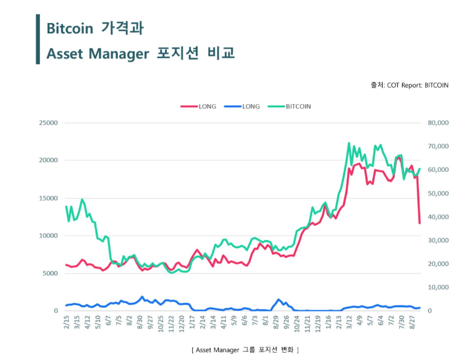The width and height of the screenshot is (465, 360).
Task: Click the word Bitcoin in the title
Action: click(69, 28)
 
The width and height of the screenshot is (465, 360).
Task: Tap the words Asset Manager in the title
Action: click(97, 53)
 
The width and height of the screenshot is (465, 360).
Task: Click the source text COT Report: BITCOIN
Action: click(417, 85)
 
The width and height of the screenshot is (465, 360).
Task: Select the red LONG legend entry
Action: click(200, 106)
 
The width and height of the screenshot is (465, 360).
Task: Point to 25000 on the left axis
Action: click(48, 123)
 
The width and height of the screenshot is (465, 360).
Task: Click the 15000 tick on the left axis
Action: click(48, 198)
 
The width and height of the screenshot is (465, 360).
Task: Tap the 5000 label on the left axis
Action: click(50, 273)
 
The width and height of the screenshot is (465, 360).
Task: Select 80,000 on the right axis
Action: click(439, 123)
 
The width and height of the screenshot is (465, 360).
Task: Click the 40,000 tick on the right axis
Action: click(439, 217)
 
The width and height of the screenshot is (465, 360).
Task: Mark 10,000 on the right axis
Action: click(439, 287)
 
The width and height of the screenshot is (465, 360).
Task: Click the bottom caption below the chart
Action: click(245, 350)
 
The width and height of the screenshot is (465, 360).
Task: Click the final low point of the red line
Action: click(419, 223)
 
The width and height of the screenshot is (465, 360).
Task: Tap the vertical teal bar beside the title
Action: click(38, 39)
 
